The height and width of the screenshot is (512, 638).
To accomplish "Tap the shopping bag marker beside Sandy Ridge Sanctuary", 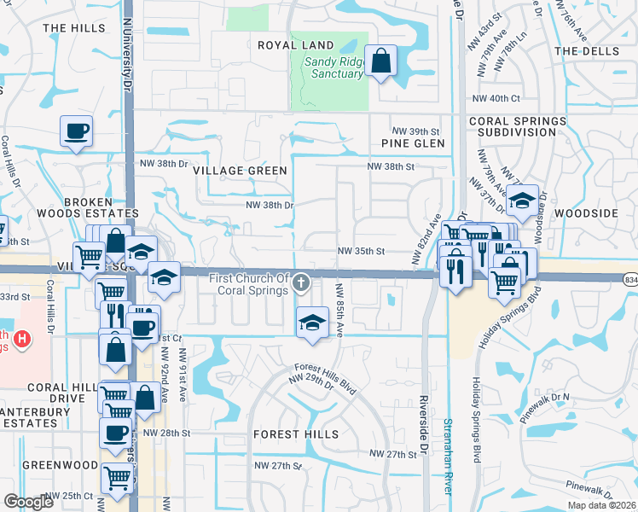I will point(380,61).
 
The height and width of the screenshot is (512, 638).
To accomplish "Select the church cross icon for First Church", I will point(300,282).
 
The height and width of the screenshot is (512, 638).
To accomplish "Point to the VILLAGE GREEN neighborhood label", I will point(240,171).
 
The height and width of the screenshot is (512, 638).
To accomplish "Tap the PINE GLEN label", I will point(413,143).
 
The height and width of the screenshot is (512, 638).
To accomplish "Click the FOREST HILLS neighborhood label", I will point(296,434).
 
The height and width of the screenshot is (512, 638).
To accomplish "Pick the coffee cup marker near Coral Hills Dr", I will point(76,131).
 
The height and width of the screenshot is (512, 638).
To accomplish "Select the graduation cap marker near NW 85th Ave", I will point(312,323).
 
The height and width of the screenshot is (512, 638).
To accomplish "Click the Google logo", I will point(29,501).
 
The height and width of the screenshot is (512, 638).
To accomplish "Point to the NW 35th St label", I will point(362,252).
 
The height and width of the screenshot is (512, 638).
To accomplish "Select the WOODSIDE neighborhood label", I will point(584,212).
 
